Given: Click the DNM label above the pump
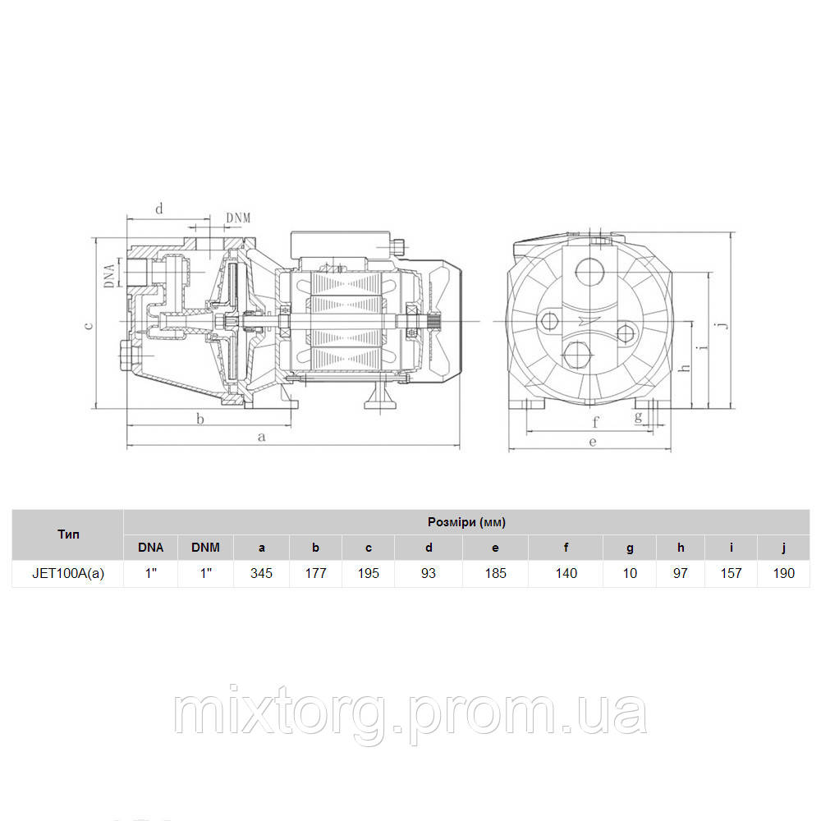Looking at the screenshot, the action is pos(238,218).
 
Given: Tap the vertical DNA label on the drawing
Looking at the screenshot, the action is pos(109,276).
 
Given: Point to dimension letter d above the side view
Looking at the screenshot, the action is pos(160,209).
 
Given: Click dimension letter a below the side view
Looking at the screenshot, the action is pos(262,436).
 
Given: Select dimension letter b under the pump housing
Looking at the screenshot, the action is pos(200,419).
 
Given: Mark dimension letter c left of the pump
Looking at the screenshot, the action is pos(89,325).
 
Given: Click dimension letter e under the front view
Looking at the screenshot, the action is pos(592,442).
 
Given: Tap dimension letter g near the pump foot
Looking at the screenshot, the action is pos(638,417).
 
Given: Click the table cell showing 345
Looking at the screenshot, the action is pos(261,573).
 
